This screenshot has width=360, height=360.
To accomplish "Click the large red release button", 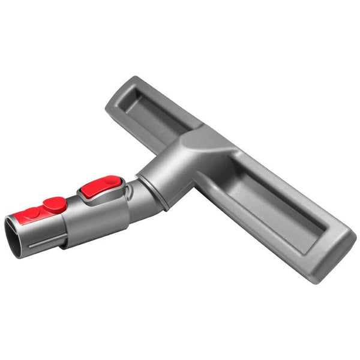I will (x=100, y=187).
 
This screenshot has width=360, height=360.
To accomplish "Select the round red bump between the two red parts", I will (x=55, y=205).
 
